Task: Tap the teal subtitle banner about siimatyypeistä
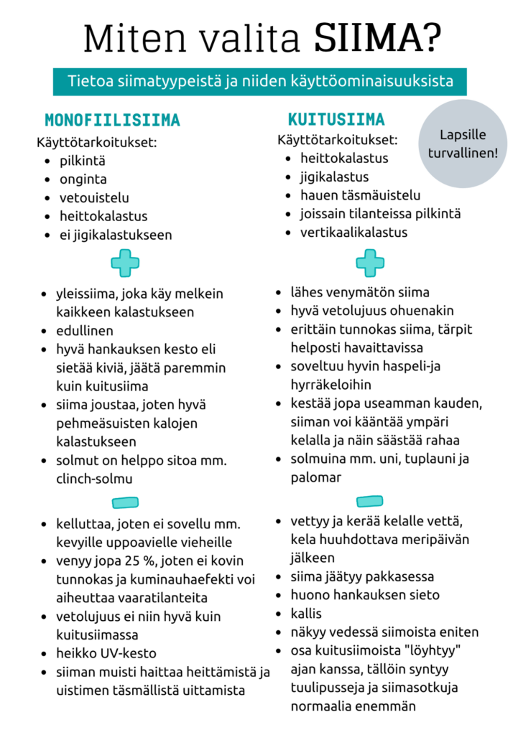click(259, 82)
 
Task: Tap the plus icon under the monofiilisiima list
click(125, 263)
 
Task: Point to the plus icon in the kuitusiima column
click(370, 263)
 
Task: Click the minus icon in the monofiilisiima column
click(125, 502)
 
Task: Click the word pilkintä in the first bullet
click(83, 161)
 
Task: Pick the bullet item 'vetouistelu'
click(94, 197)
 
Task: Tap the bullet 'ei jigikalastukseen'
click(116, 235)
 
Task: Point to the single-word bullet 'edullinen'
click(85, 332)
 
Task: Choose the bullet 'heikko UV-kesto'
click(106, 653)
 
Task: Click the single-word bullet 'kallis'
click(306, 614)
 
